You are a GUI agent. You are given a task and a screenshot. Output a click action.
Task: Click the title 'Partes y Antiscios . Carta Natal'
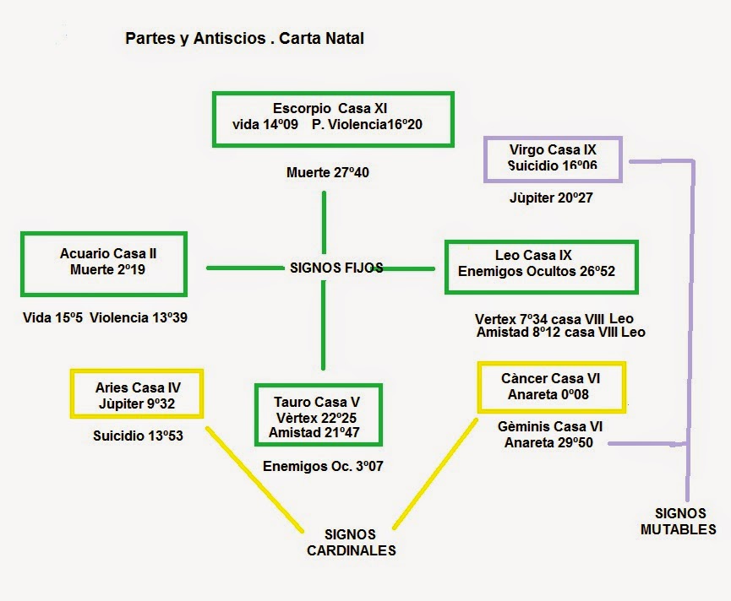(x=245, y=39)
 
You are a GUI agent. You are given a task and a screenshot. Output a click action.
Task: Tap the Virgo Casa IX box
(x=553, y=159)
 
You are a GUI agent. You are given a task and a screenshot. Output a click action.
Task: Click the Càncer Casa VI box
(x=550, y=387)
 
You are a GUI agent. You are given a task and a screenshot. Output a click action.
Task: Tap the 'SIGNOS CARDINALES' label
(x=351, y=543)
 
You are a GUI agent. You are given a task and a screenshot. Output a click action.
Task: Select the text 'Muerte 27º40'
(x=328, y=173)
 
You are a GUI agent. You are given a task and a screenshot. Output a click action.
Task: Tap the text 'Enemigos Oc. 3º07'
(x=324, y=465)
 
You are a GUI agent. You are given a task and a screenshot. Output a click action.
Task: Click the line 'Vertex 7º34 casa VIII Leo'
(x=554, y=319)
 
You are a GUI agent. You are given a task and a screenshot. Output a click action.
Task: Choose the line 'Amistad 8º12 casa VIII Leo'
(x=560, y=333)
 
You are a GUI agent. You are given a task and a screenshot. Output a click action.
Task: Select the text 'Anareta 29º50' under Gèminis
(x=548, y=442)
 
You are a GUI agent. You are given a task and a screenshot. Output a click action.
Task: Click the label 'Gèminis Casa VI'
(x=550, y=427)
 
